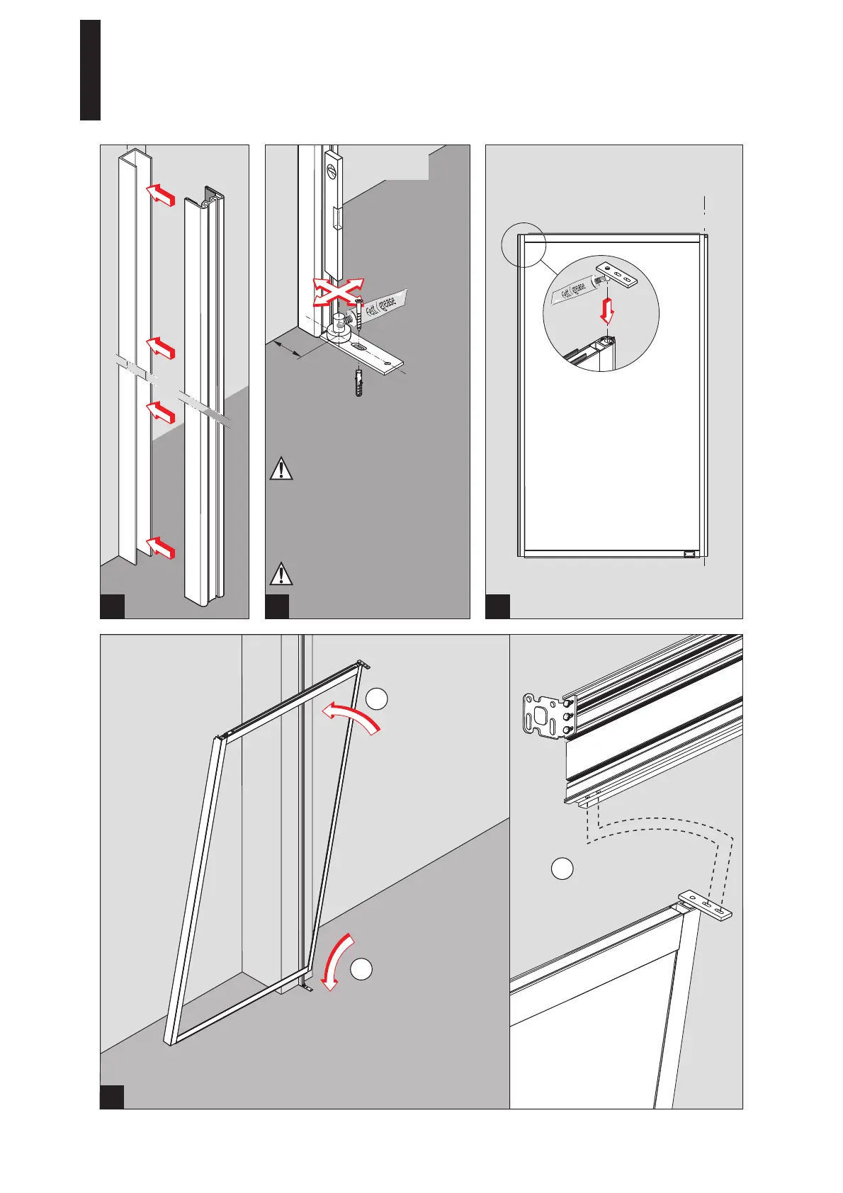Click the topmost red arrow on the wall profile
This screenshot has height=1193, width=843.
click(160, 194)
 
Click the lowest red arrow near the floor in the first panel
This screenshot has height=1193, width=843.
click(160, 547)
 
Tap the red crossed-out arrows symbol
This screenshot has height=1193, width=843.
click(338, 292)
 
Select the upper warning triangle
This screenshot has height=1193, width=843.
click(281, 470)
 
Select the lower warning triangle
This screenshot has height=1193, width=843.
click(281, 573)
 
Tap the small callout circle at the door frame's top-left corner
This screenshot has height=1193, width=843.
click(523, 244)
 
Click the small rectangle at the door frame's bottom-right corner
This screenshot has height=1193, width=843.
click(689, 554)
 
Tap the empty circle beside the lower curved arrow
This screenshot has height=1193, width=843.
click(361, 969)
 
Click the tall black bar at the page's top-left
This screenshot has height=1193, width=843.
click(90, 70)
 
